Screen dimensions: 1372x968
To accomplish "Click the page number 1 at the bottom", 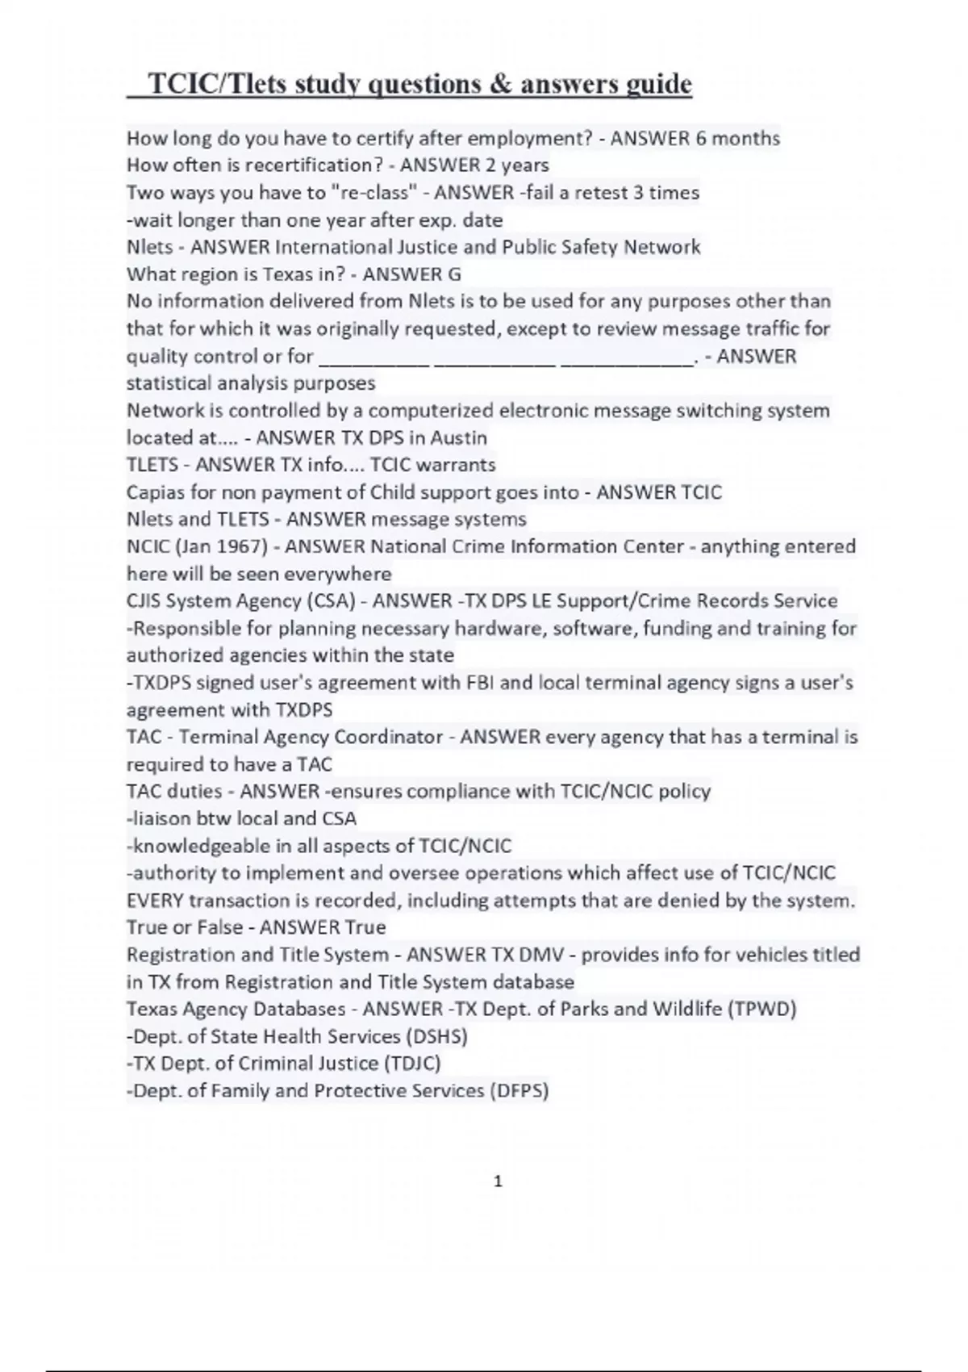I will coord(498,1182).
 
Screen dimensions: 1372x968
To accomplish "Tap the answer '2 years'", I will coord(516,165).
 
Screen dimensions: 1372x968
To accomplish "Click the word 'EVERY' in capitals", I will coord(155,900).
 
